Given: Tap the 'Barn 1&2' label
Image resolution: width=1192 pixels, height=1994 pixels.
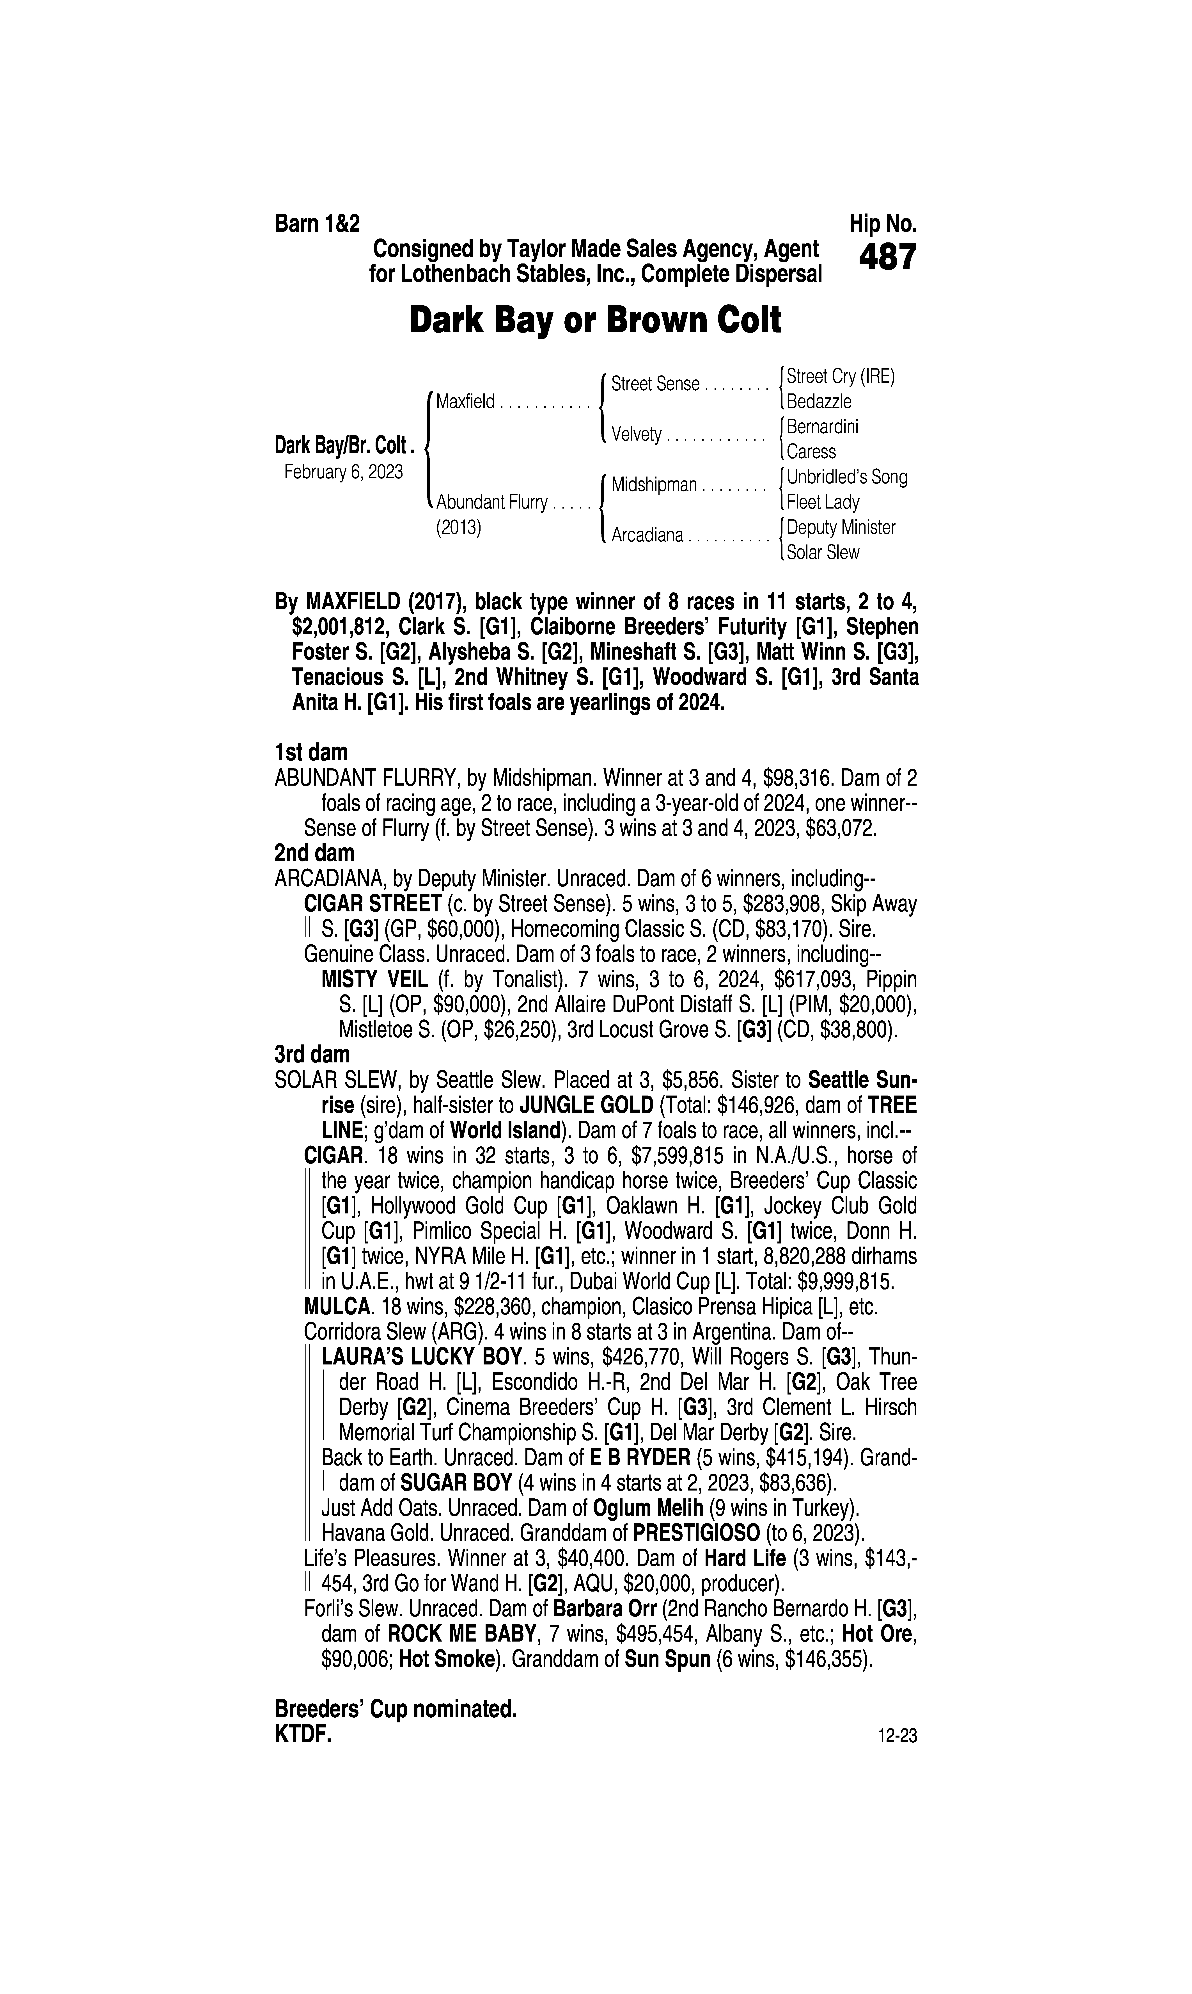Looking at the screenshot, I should (x=317, y=223).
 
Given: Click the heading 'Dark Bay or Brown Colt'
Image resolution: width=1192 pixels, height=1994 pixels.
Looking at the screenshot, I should (x=595, y=320).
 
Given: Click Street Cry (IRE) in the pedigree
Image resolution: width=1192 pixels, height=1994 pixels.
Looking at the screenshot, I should (x=840, y=376).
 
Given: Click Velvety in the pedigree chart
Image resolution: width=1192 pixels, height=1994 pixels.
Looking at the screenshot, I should (x=636, y=435).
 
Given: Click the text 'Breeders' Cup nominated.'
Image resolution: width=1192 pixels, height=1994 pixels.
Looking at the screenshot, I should (x=395, y=1709).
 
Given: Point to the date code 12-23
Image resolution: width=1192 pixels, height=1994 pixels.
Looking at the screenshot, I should (x=897, y=1736).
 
